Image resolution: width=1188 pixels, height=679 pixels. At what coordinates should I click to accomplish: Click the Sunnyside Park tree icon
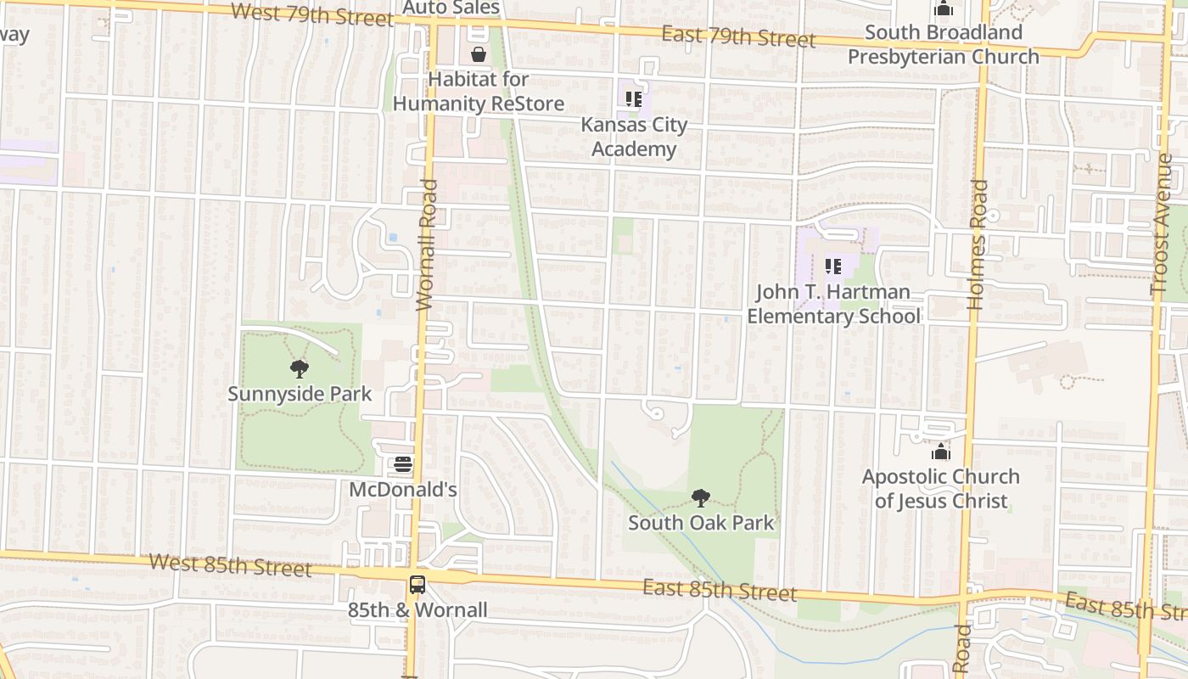click(x=299, y=369)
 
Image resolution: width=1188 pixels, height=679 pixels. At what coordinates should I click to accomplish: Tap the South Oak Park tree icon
click(x=700, y=498)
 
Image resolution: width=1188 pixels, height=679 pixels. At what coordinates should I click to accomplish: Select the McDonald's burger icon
click(x=403, y=465)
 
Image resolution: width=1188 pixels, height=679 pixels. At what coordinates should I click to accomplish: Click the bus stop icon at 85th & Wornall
click(x=417, y=585)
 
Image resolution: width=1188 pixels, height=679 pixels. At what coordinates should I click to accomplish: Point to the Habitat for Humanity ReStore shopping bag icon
click(x=479, y=54)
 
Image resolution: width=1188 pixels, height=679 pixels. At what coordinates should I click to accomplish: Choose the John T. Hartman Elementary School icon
click(x=833, y=267)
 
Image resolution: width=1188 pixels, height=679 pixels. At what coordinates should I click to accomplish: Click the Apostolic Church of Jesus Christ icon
click(x=940, y=452)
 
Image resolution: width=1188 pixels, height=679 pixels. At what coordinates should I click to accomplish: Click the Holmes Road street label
click(x=978, y=244)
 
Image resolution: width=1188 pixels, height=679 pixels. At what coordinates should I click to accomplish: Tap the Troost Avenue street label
click(x=1163, y=224)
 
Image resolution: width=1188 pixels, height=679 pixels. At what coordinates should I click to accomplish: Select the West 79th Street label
click(x=311, y=14)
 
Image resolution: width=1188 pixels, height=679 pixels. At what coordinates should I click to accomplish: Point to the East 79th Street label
click(x=738, y=36)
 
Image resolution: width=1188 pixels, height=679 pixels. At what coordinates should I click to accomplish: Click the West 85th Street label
click(x=230, y=564)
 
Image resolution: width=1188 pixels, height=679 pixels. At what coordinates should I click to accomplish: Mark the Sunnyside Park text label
click(x=300, y=394)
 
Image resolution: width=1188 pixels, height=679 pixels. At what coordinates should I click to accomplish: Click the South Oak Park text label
click(x=701, y=523)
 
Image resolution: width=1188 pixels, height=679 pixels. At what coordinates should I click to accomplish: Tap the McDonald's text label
click(x=403, y=490)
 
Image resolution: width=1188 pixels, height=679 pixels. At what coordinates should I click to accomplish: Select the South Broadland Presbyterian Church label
click(x=943, y=44)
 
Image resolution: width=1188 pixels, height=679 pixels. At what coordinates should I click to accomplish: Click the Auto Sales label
click(x=451, y=8)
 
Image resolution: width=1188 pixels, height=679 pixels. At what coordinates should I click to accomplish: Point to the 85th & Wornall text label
click(x=417, y=609)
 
